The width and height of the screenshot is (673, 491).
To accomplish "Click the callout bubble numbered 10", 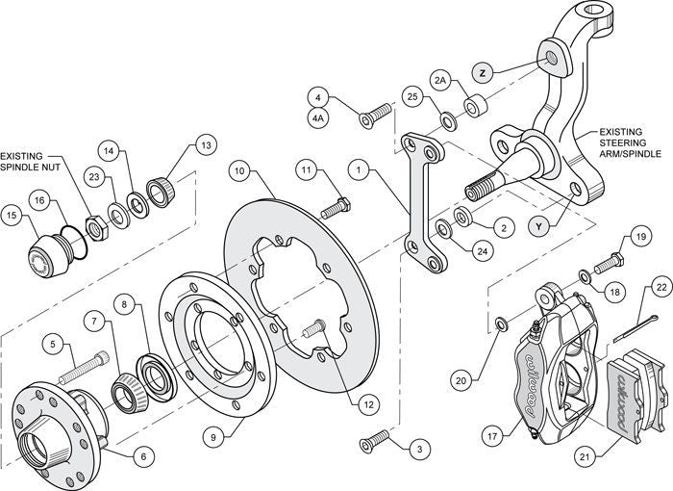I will [x=241, y=171].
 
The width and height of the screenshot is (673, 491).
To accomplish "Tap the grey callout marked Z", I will [x=484, y=73].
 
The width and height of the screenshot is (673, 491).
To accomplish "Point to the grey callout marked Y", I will [x=540, y=226].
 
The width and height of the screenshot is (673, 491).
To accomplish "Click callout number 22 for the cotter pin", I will [x=661, y=286].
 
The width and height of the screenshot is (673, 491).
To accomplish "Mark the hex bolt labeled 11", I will [x=336, y=205].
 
